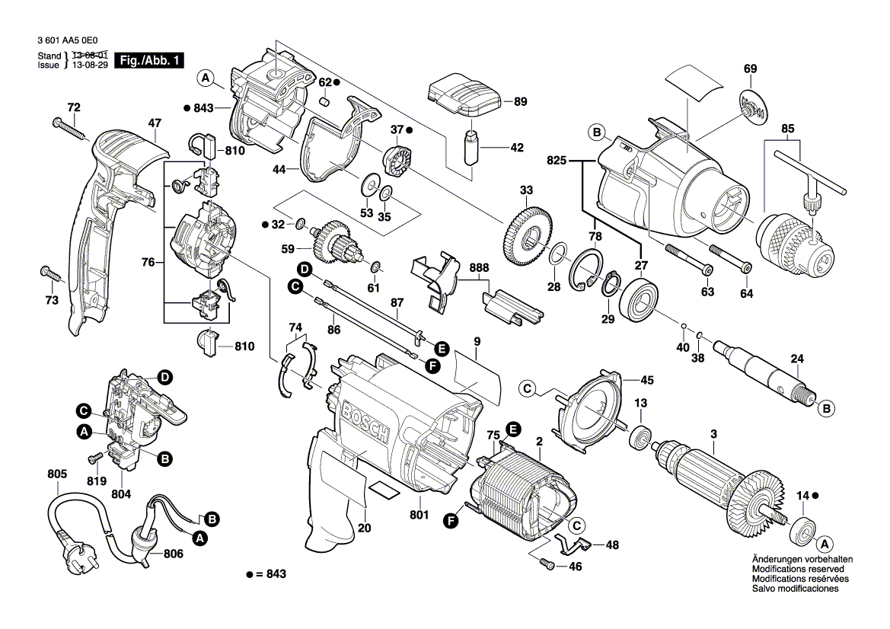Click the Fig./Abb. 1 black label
(x=148, y=60)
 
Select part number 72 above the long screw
(x=73, y=107)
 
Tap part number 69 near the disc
(x=750, y=69)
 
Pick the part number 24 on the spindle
(x=796, y=359)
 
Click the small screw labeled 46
(x=547, y=564)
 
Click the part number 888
(x=480, y=268)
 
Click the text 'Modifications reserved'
(x=797, y=569)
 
